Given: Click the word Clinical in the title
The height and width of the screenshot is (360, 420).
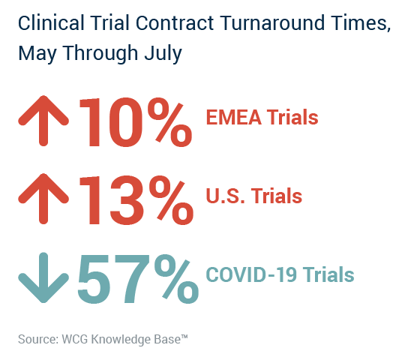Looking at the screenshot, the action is pos(51,22).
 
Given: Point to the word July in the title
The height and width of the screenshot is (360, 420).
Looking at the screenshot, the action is pos(163,53).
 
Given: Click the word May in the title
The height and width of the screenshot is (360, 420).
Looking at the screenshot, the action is pos(37,53).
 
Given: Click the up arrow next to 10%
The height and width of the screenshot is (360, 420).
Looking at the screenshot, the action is pos(43,121).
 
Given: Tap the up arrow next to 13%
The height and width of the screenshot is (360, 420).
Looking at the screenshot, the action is pos(43,199).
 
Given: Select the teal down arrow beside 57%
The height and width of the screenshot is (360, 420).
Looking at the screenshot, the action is pos(43,277).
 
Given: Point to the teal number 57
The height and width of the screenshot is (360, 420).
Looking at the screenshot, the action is pos(111,279).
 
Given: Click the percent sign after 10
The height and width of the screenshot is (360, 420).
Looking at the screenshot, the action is pos(169,122).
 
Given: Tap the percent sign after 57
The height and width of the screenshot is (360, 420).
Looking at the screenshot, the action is pos(176,279).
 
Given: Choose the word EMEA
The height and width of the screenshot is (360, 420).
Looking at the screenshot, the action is pos(233,117).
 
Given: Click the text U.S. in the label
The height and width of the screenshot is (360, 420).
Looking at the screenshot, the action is pos(225,196).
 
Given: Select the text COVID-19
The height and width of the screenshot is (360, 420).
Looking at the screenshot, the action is pos(251,274).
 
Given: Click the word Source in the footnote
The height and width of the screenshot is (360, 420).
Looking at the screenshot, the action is pos(38,339).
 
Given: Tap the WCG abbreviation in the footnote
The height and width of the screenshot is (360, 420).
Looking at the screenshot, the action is pos(75,339).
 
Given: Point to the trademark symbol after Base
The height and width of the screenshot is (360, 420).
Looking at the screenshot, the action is pos(184,336).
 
